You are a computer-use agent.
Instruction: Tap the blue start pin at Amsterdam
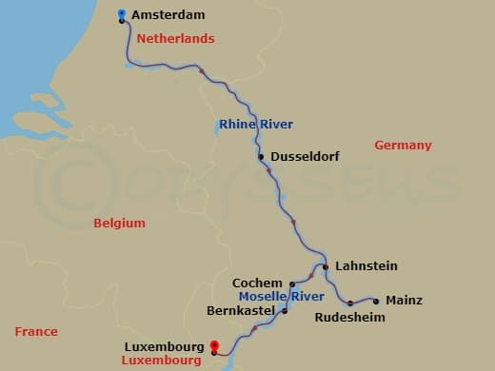[122, 14]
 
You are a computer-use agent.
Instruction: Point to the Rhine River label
[255, 125]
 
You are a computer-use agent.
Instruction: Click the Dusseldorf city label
[305, 157]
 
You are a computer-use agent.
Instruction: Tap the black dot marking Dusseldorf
[261, 157]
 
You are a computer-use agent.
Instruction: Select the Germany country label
[403, 146]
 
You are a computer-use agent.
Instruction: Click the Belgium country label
[119, 223]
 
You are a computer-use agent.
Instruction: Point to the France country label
[36, 331]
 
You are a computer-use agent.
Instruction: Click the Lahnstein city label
[366, 266]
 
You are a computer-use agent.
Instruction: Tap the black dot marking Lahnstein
[326, 267]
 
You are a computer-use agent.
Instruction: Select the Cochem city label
[257, 283]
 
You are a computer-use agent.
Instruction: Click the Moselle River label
[282, 297]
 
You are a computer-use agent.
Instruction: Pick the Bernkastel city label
[242, 310]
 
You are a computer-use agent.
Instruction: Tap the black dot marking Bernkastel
[284, 311]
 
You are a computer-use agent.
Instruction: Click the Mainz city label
[404, 301]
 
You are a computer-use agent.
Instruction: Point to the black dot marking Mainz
[377, 301]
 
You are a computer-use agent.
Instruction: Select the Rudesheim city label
[349, 317]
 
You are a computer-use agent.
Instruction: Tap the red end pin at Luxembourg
[213, 347]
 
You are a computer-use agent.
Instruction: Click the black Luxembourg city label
[164, 347]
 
